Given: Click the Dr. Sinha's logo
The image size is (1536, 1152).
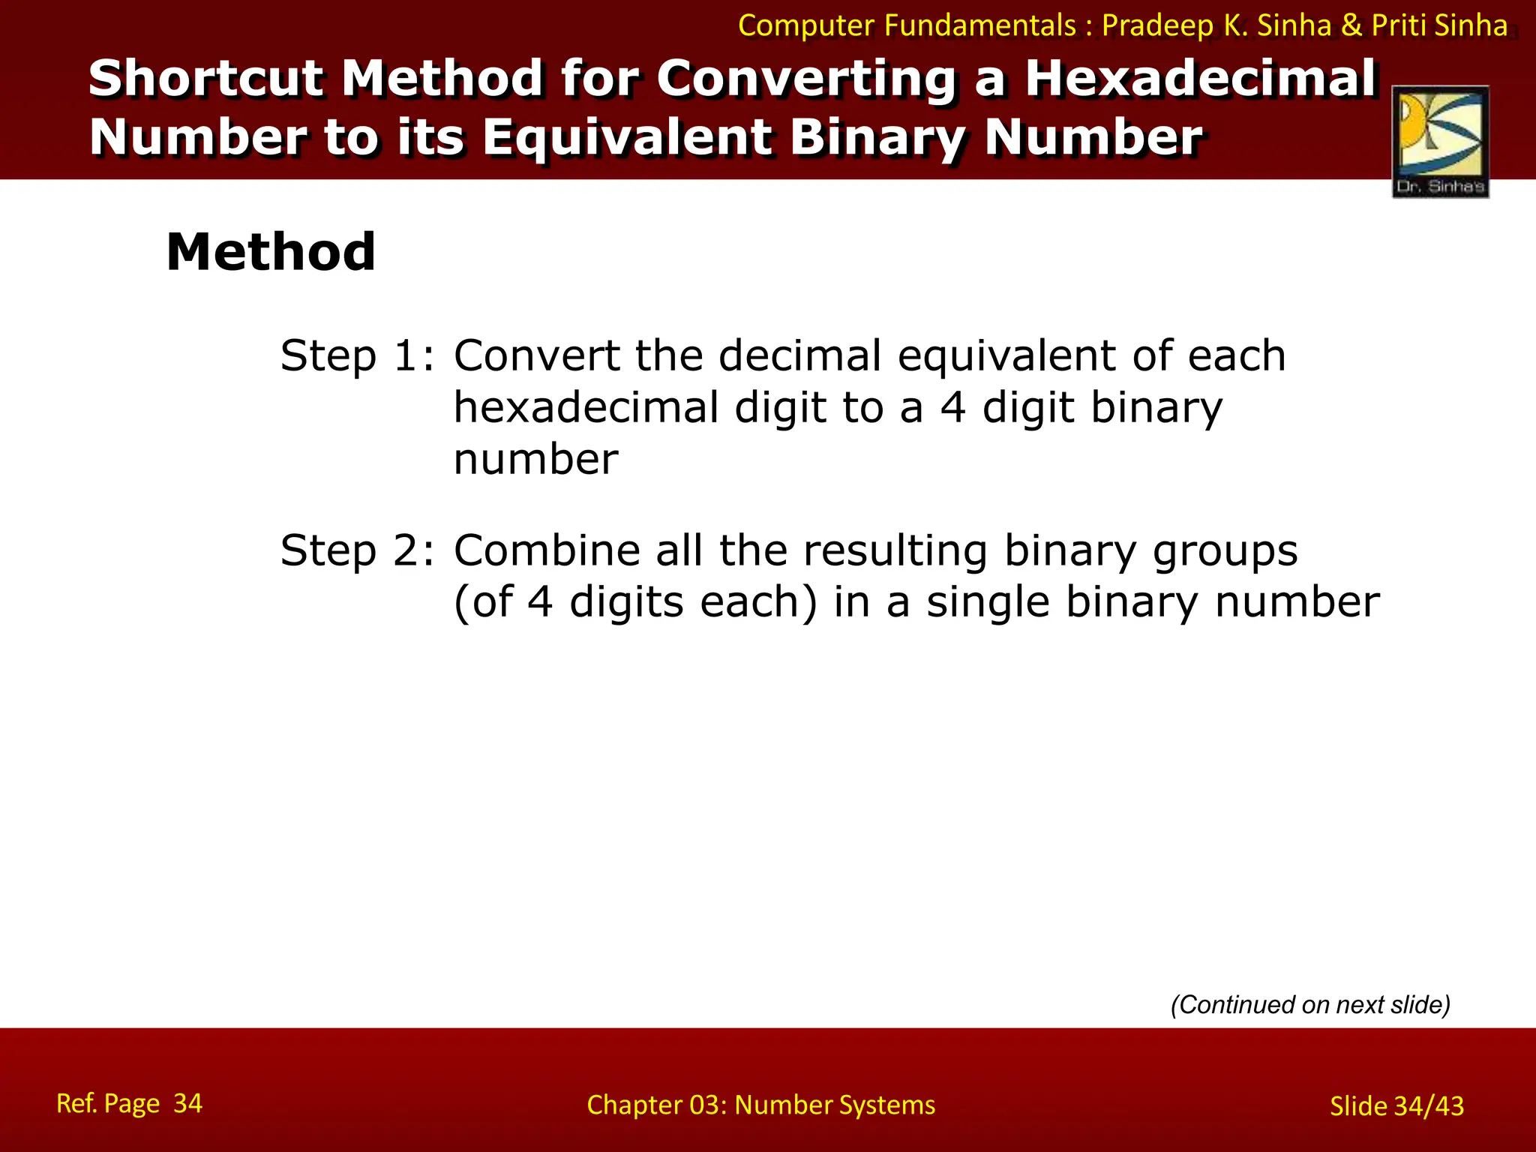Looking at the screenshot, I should (x=1440, y=142).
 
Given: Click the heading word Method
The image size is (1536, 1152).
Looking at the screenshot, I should (x=271, y=252).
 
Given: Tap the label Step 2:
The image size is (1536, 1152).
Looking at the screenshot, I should (x=357, y=550).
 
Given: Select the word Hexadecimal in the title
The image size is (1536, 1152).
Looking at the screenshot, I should (x=1201, y=78).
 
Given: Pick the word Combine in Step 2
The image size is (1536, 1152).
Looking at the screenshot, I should (x=547, y=550).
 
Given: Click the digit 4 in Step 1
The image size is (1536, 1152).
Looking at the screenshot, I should (x=952, y=408).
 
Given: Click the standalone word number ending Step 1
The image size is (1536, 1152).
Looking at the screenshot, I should (x=535, y=460).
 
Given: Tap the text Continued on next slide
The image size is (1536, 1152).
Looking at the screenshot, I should (x=1310, y=1004).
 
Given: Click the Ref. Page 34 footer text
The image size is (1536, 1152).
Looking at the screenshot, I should (x=129, y=1103).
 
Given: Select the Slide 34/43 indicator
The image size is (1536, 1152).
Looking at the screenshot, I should (x=1396, y=1105).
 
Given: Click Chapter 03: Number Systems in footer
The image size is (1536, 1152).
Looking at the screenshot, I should (x=760, y=1105).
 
